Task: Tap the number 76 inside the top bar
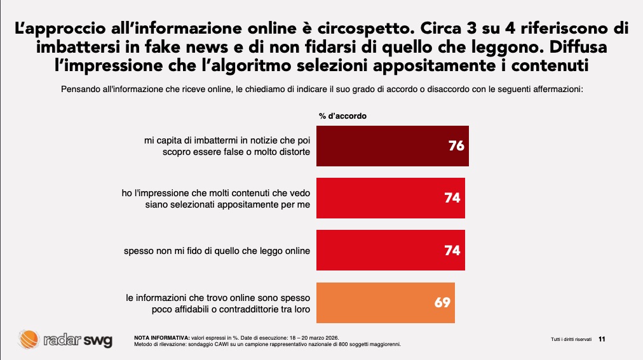pos(456,146)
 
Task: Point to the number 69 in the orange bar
pos(442,302)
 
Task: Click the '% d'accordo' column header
pos(342,116)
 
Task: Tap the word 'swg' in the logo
pos(98,340)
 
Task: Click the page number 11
pos(602,340)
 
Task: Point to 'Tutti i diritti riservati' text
pos(571,340)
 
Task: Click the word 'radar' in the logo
pos(62,340)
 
